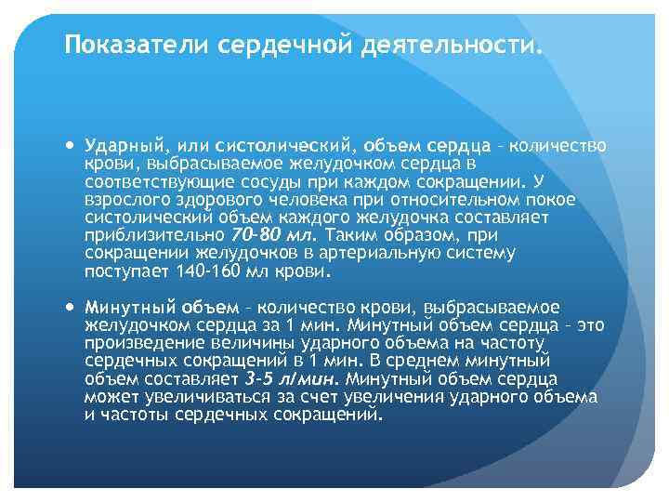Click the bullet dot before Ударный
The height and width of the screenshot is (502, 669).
[x=73, y=146]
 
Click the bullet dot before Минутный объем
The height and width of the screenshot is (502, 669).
[x=73, y=307]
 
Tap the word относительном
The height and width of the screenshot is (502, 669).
[x=423, y=199]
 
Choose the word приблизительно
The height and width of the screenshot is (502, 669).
[x=152, y=234]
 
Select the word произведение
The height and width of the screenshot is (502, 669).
[x=137, y=343]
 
